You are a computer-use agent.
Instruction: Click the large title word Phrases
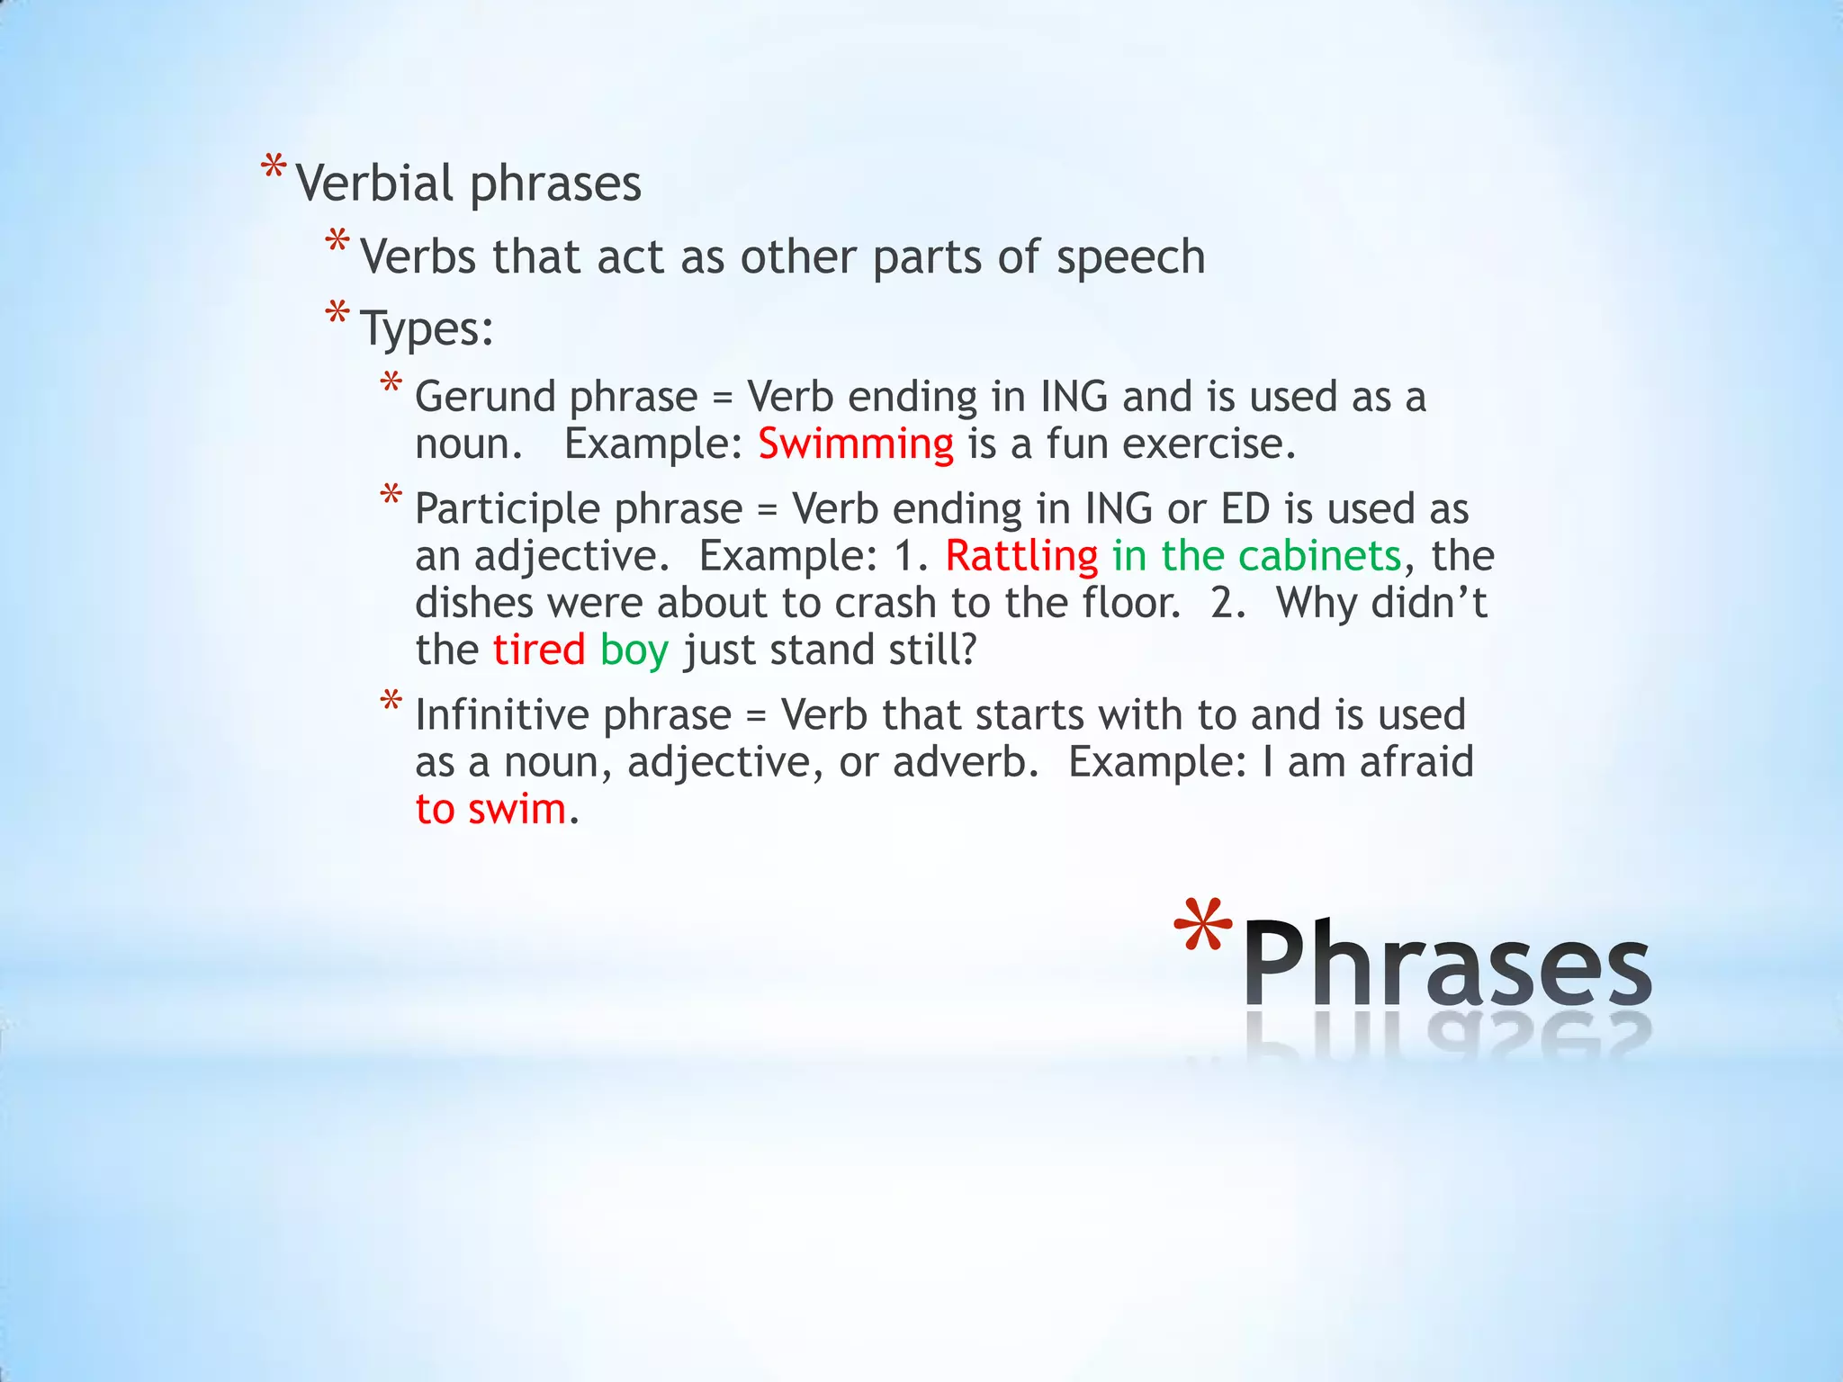(1447, 965)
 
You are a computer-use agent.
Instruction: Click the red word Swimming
(855, 444)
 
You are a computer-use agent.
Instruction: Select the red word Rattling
(1021, 556)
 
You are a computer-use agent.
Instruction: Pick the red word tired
(539, 650)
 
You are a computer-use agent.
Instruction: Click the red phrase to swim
(490, 809)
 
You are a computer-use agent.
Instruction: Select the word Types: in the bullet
(427, 329)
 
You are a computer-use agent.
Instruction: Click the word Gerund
(485, 397)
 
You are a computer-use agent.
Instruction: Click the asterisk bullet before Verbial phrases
(274, 169)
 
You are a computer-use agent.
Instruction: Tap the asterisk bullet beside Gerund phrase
(391, 384)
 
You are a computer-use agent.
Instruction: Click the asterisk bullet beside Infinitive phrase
(391, 702)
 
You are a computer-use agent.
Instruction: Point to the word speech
(1130, 258)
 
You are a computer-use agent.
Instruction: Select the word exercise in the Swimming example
(1208, 444)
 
